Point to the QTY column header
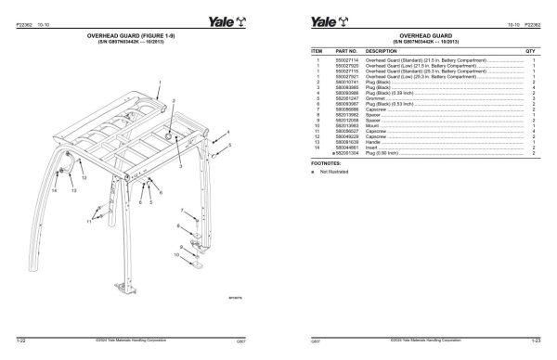pos(531,51)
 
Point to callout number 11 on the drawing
pos(90,221)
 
